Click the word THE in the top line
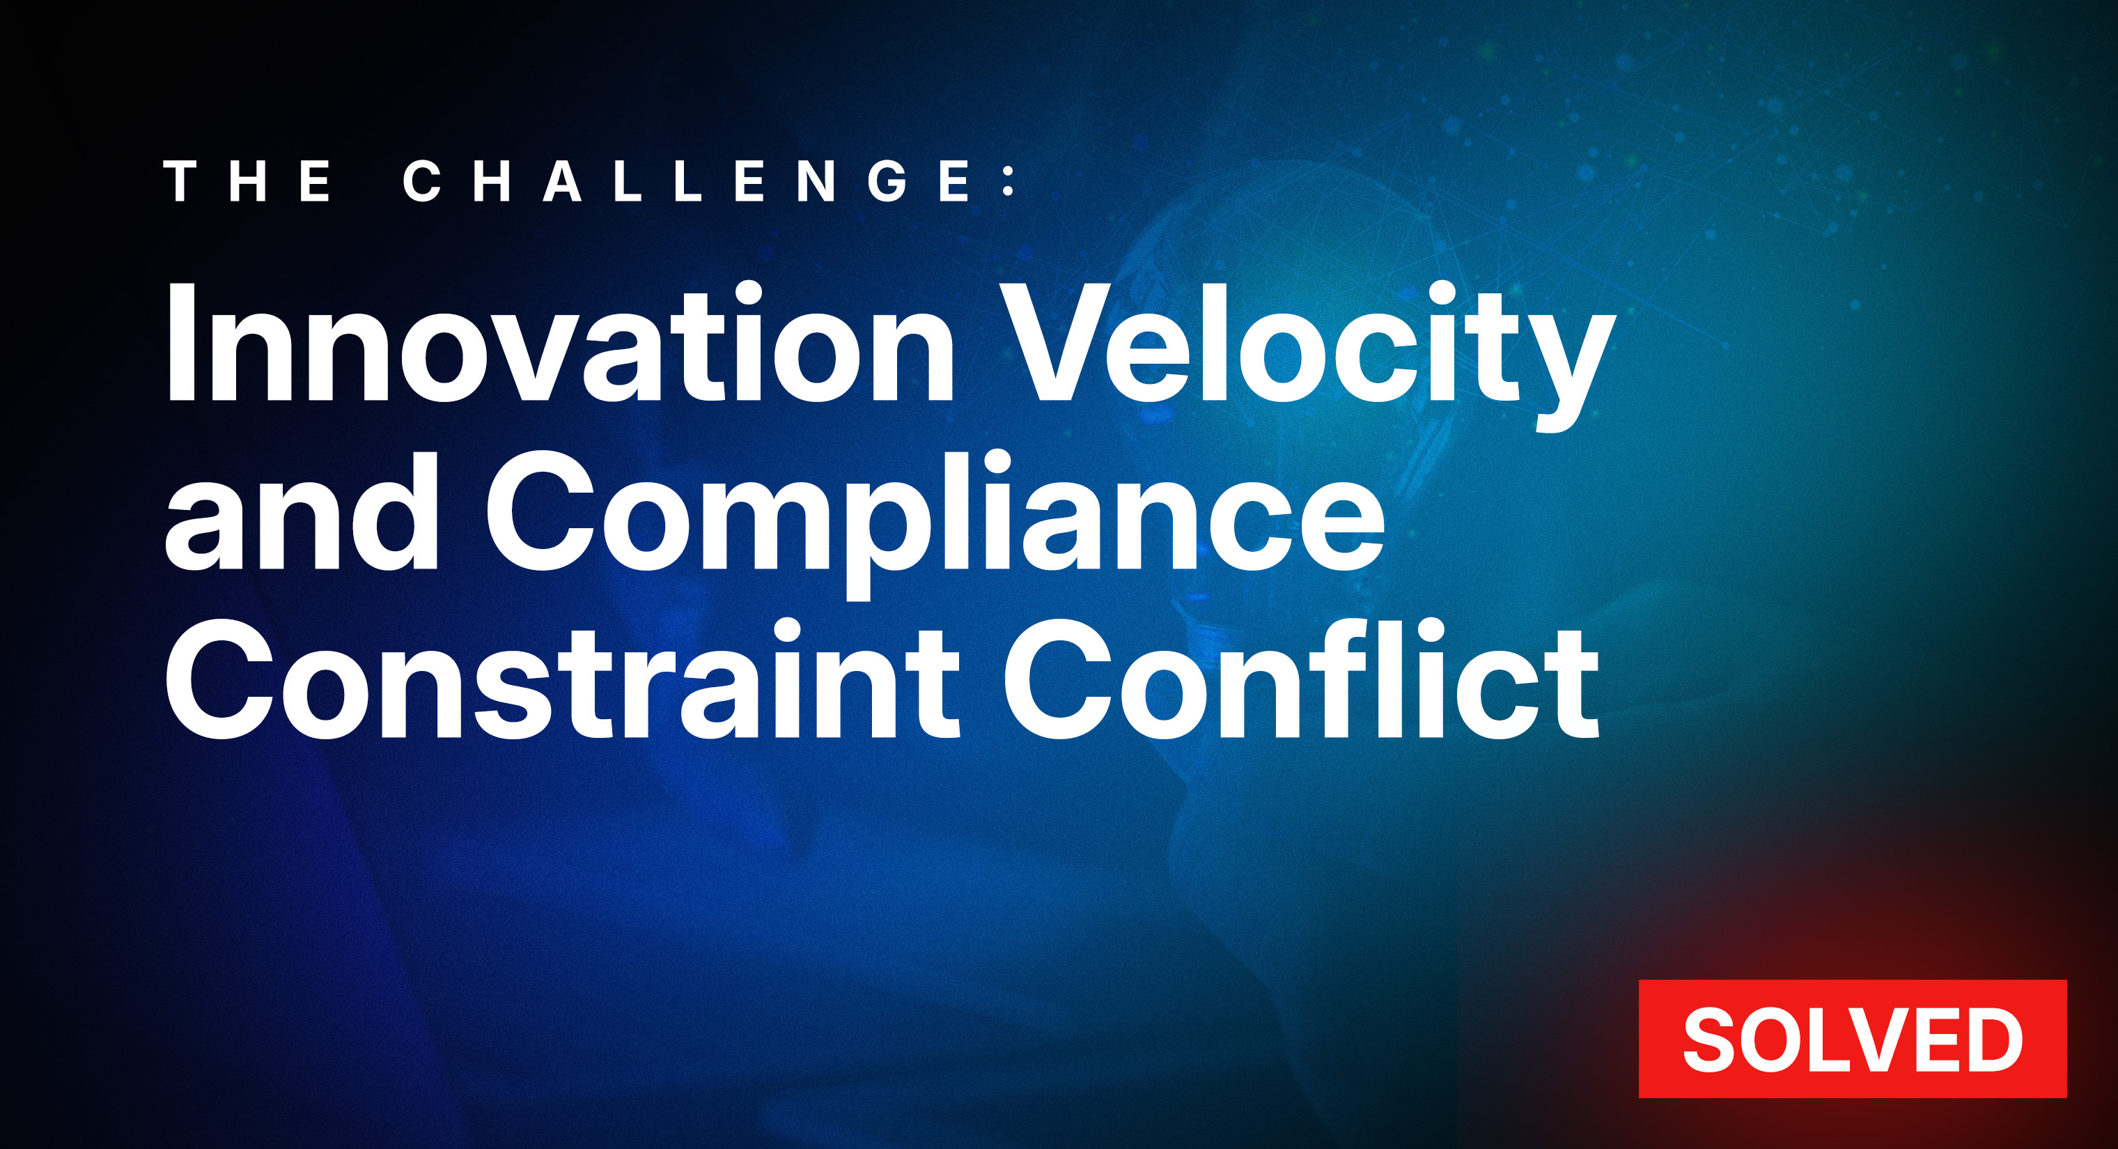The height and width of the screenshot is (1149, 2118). coord(249,181)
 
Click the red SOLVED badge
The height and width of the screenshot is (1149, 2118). coord(1852,1039)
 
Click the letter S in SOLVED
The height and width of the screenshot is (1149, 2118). coord(1712,1040)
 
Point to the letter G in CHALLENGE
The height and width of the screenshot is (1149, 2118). coord(889,181)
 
